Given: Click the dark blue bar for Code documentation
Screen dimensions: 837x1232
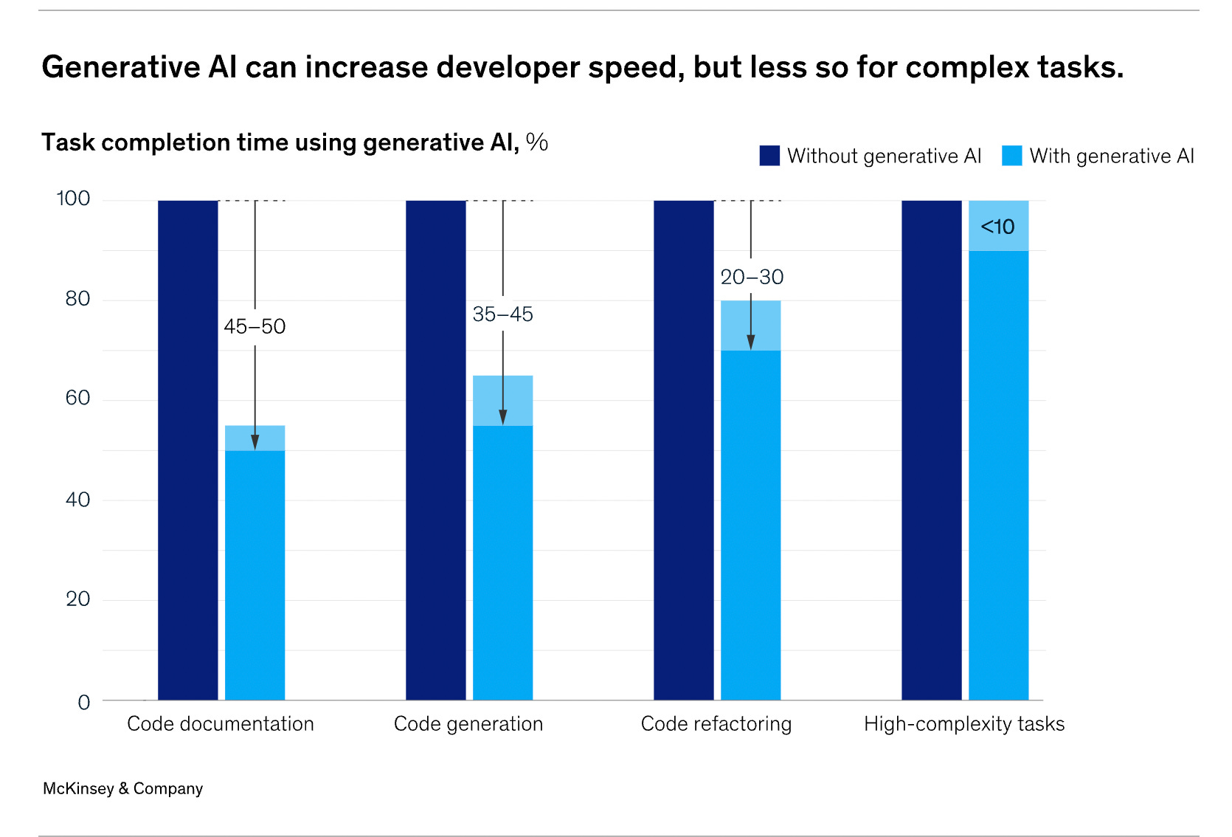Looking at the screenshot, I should coord(188,450).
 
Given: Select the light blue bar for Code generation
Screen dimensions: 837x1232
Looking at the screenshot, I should coord(502,561).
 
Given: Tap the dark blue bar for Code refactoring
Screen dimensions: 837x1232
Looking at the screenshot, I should coord(684,450).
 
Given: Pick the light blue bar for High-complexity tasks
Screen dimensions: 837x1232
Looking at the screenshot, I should coord(998,472).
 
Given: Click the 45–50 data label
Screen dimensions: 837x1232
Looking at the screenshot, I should coord(255,326).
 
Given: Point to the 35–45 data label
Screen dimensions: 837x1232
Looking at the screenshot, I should coord(502,314).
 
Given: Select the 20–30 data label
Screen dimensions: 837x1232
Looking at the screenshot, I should coord(752,278).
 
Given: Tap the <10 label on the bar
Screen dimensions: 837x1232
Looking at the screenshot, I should coord(997,227).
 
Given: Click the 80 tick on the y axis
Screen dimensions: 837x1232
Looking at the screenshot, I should coord(77,299).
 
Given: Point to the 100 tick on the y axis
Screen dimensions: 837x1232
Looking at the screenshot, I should coord(73,199).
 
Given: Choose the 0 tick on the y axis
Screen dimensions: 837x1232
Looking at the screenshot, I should coord(84,702).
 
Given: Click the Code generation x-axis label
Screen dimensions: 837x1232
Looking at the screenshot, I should coord(468,724).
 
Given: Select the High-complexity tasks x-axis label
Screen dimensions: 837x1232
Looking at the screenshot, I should coord(964,724).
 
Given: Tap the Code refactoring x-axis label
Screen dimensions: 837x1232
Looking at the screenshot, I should coord(716,724).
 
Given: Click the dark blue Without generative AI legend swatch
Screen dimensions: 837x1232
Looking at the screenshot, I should coord(769,156).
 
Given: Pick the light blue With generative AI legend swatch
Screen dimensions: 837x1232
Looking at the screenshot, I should coord(1011,156).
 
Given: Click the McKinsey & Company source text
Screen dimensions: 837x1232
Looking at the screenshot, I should coord(122,789).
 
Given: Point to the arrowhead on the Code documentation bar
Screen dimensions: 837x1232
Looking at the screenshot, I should coord(255,442).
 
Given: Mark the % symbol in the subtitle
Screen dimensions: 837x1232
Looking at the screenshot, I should coord(537,142).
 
